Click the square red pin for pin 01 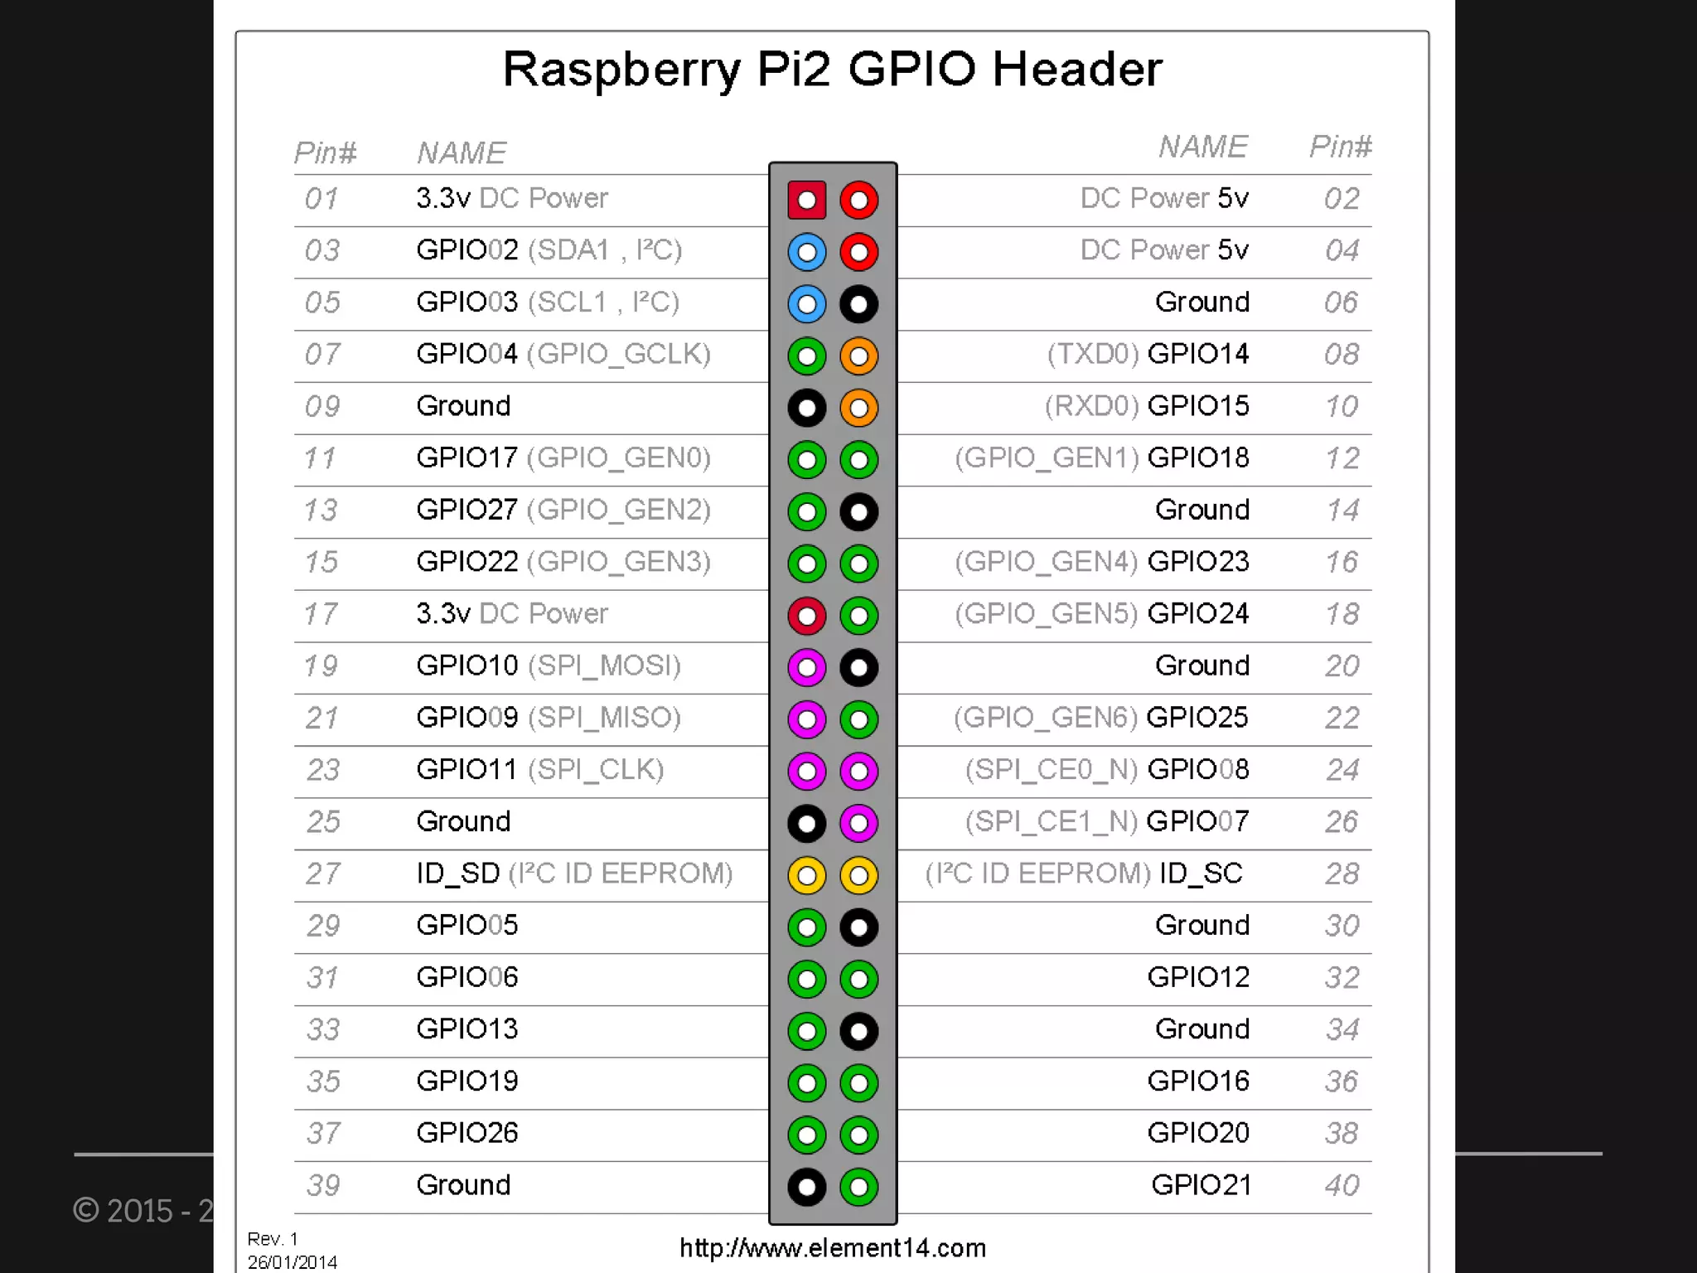[x=806, y=200]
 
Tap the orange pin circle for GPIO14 [x=858, y=356]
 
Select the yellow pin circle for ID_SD [x=806, y=875]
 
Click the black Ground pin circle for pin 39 [x=806, y=1187]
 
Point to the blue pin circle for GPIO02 [x=806, y=252]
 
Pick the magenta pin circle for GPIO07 [x=858, y=823]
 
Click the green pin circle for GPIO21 [x=858, y=1187]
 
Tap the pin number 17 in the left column [x=321, y=614]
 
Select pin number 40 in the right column [x=1342, y=1185]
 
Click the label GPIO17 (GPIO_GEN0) [x=563, y=457]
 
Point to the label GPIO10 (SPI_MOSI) [x=548, y=666]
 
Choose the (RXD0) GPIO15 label [x=1146, y=406]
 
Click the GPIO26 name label [x=467, y=1133]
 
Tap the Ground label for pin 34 [x=1201, y=1029]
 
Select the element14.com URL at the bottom [x=832, y=1248]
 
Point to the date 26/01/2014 [x=292, y=1262]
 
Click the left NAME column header [x=461, y=153]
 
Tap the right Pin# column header [x=1340, y=147]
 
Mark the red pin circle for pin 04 [x=858, y=252]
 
